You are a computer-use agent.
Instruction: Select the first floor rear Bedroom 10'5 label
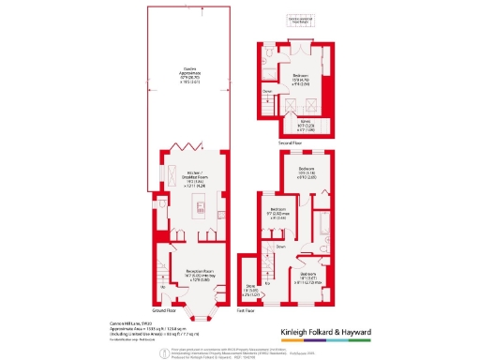307,172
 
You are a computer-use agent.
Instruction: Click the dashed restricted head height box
300,19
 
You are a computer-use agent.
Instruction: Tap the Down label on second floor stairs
267,91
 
